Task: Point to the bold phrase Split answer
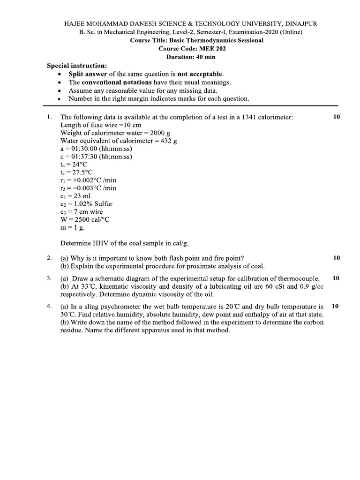click(x=88, y=74)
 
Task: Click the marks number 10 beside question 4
click(x=335, y=306)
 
